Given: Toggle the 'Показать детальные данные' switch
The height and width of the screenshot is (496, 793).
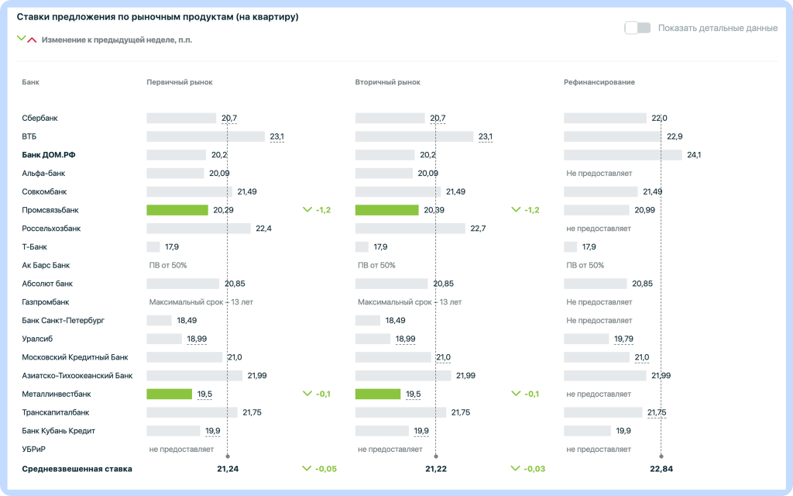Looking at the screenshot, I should [637, 28].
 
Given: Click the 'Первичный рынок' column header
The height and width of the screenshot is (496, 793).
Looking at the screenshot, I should [179, 82].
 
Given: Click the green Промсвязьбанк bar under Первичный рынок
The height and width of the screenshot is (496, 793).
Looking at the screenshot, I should [177, 210].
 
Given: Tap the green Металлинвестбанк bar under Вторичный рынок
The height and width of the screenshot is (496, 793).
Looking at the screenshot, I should [378, 394].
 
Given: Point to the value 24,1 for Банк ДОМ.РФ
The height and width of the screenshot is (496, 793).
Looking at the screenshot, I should [694, 155].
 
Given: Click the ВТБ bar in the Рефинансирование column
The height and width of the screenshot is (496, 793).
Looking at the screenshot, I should [612, 136].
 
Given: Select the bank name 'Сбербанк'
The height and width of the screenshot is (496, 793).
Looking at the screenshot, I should [40, 119].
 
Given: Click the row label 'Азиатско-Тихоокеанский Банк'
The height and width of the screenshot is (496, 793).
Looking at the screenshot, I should [77, 376].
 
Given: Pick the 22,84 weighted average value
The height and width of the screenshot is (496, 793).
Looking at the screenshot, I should [661, 469].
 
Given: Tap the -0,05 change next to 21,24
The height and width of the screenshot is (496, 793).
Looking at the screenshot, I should [325, 469].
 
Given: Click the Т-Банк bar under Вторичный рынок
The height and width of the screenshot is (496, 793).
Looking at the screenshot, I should [362, 247].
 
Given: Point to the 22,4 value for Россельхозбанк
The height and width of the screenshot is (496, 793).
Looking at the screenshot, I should [263, 229].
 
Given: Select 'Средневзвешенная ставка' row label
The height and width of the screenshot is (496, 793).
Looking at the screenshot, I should [77, 469].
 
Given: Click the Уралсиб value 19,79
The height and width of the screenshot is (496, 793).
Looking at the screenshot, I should [623, 339].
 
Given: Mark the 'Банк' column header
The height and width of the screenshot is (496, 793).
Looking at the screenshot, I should [31, 82].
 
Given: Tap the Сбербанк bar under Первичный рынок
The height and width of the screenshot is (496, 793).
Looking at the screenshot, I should [181, 119].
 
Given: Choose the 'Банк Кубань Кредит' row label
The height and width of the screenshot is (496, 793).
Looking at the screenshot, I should [59, 431].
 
